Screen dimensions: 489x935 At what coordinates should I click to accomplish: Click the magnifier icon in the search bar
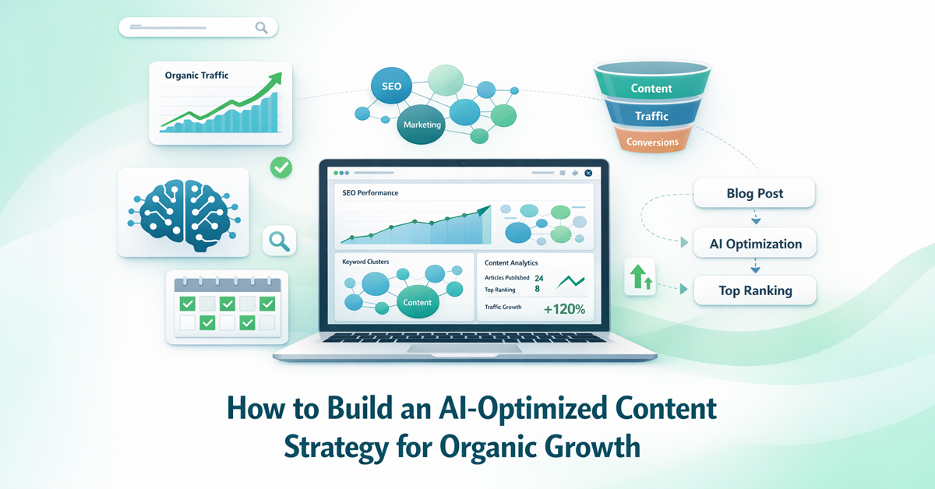261,28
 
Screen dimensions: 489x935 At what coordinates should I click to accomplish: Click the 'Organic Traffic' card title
196,76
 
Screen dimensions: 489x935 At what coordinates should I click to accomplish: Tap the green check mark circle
280,167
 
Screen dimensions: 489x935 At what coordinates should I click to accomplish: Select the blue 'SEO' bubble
392,86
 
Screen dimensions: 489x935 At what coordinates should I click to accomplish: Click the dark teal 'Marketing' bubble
422,125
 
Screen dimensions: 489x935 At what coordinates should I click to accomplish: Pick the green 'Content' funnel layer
651,88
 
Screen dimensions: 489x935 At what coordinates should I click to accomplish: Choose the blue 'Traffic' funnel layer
651,116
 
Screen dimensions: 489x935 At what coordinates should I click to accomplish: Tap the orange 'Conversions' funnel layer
652,142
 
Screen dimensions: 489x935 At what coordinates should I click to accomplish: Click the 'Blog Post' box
754,194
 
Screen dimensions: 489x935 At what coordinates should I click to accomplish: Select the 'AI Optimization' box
755,244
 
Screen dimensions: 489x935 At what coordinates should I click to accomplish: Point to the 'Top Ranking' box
755,290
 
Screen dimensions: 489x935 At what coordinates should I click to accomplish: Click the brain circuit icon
182,213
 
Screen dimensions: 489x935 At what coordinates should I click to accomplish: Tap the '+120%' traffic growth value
564,308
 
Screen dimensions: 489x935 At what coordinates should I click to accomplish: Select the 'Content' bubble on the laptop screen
418,302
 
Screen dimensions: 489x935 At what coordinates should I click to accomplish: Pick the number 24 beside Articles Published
539,277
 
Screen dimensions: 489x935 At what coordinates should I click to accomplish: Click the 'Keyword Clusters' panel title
365,262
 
